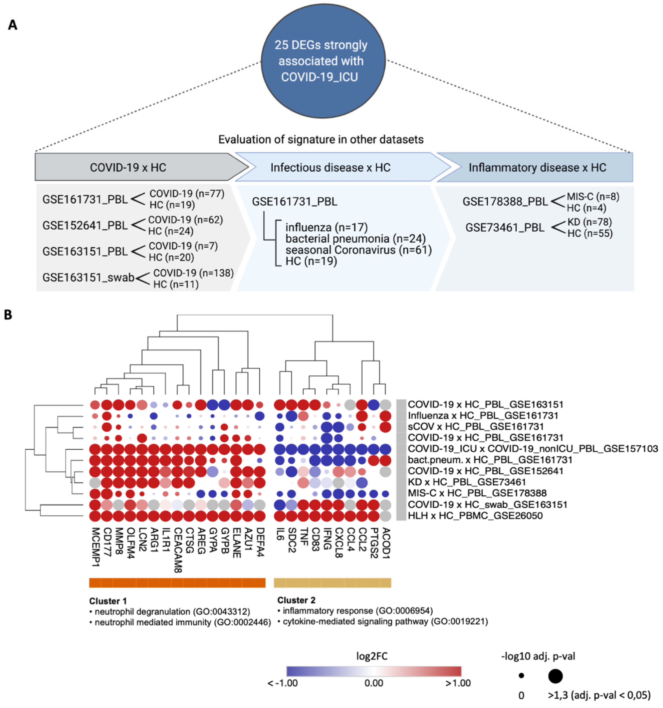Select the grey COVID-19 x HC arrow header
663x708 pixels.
pos(128,167)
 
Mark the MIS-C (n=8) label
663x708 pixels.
pos(592,197)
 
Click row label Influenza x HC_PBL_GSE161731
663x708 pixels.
pos(483,416)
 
